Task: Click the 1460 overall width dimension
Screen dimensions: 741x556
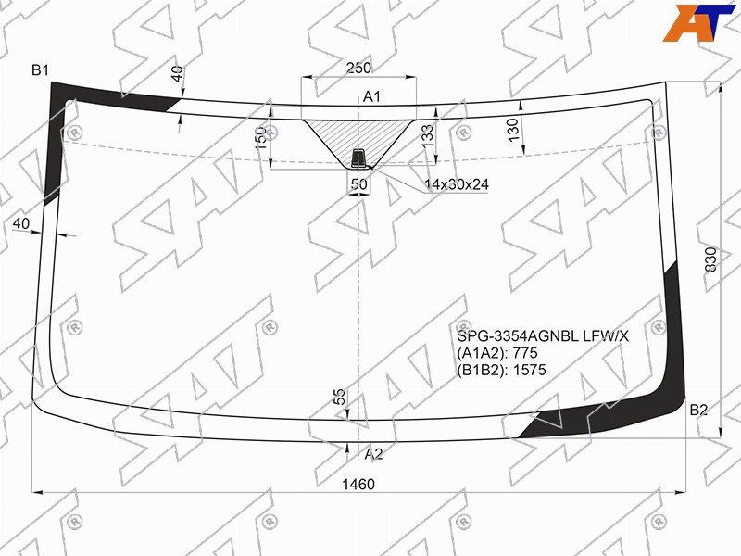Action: (x=358, y=484)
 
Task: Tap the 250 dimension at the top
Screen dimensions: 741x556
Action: (x=358, y=68)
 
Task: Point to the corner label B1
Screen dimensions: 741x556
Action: (x=40, y=70)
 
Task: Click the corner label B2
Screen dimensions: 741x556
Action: (x=698, y=410)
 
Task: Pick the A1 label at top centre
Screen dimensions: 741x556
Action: (x=371, y=97)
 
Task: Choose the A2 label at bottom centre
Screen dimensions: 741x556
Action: (x=373, y=454)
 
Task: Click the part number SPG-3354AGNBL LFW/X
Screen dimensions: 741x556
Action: (x=543, y=336)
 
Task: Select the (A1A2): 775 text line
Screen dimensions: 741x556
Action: (x=497, y=353)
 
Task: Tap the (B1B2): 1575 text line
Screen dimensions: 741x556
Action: (x=501, y=369)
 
